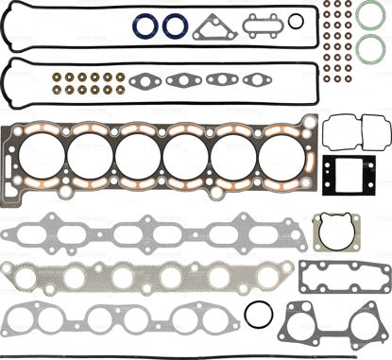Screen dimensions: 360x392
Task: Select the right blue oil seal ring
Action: (175, 26)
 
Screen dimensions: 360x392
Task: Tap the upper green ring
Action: (370, 16)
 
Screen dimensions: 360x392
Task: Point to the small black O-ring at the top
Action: (296, 22)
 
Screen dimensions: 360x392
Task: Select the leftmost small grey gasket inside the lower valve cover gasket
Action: (145, 80)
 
